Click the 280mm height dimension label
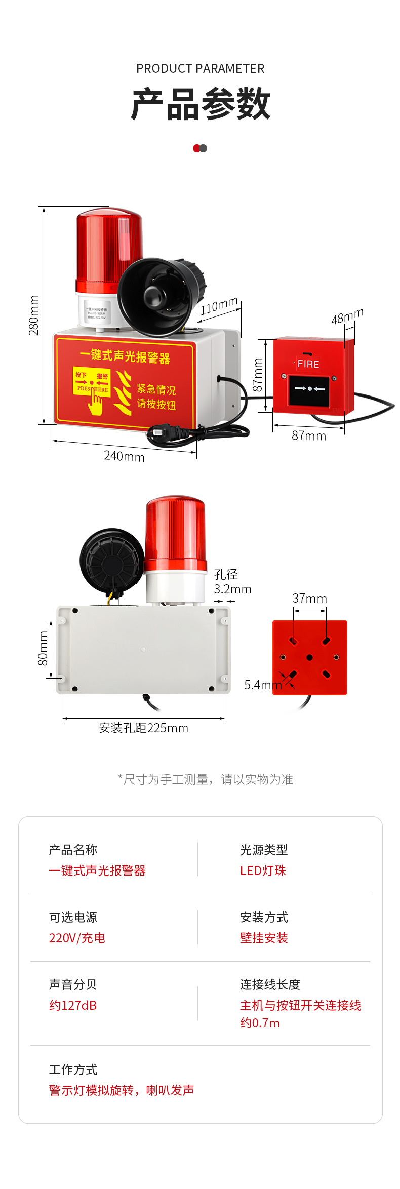(x=33, y=315)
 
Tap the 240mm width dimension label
(x=124, y=456)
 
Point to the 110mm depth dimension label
(x=219, y=306)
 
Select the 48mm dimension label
(x=347, y=316)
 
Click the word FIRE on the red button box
(x=308, y=364)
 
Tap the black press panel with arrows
(x=309, y=389)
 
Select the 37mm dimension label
(x=309, y=599)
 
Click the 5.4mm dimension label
(x=262, y=685)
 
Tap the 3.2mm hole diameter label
(x=232, y=589)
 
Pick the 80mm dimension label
(x=44, y=648)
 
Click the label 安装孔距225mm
(x=143, y=728)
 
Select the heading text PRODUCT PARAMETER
(x=200, y=69)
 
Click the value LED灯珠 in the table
(x=263, y=870)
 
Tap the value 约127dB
(x=73, y=1005)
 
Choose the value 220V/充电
(x=77, y=938)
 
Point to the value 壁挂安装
(x=264, y=938)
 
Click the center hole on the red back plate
(x=309, y=657)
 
